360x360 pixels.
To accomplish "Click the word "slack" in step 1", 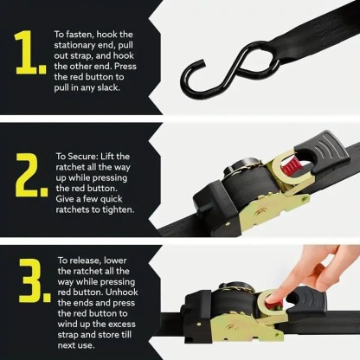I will tap(110, 87).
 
